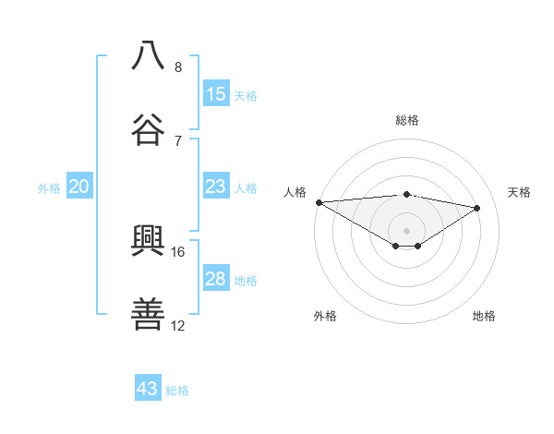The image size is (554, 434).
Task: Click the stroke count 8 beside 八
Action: click(178, 67)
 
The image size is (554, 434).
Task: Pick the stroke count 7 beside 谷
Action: click(178, 140)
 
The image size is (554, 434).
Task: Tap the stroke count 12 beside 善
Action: click(178, 325)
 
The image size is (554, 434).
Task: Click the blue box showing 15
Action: click(216, 94)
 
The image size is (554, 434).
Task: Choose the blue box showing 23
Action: click(216, 187)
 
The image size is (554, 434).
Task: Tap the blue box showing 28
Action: click(216, 279)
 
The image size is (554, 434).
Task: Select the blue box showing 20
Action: click(79, 187)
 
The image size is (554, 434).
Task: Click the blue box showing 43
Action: click(148, 389)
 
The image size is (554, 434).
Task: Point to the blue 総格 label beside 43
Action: click(177, 391)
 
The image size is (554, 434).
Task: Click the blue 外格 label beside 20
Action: click(49, 188)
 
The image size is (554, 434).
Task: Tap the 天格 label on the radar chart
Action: click(520, 192)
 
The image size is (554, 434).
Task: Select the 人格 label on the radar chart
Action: click(295, 192)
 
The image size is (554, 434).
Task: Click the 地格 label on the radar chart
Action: click(484, 316)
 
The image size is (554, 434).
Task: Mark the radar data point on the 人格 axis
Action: click(319, 202)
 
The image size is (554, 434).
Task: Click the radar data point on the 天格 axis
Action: click(477, 208)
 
